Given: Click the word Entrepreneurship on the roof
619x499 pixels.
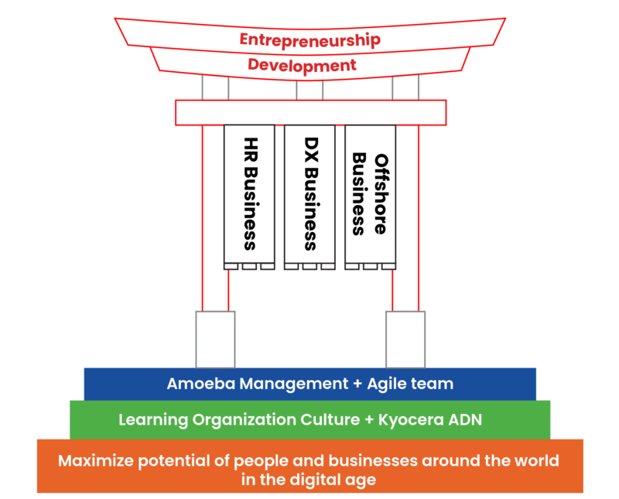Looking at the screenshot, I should (309, 39).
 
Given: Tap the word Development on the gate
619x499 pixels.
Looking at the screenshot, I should (302, 65).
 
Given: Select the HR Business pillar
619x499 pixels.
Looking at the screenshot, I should (249, 193).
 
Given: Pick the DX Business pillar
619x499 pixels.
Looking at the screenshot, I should (309, 193).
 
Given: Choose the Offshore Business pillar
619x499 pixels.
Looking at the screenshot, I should (370, 193).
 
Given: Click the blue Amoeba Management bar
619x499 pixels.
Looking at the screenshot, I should (309, 384).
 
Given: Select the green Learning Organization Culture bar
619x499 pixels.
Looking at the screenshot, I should (309, 420).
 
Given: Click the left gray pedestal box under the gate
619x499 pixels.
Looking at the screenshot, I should (215, 339).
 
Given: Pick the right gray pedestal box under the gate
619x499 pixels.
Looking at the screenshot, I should (405, 339).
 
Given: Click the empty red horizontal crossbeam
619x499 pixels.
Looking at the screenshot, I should (309, 112).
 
